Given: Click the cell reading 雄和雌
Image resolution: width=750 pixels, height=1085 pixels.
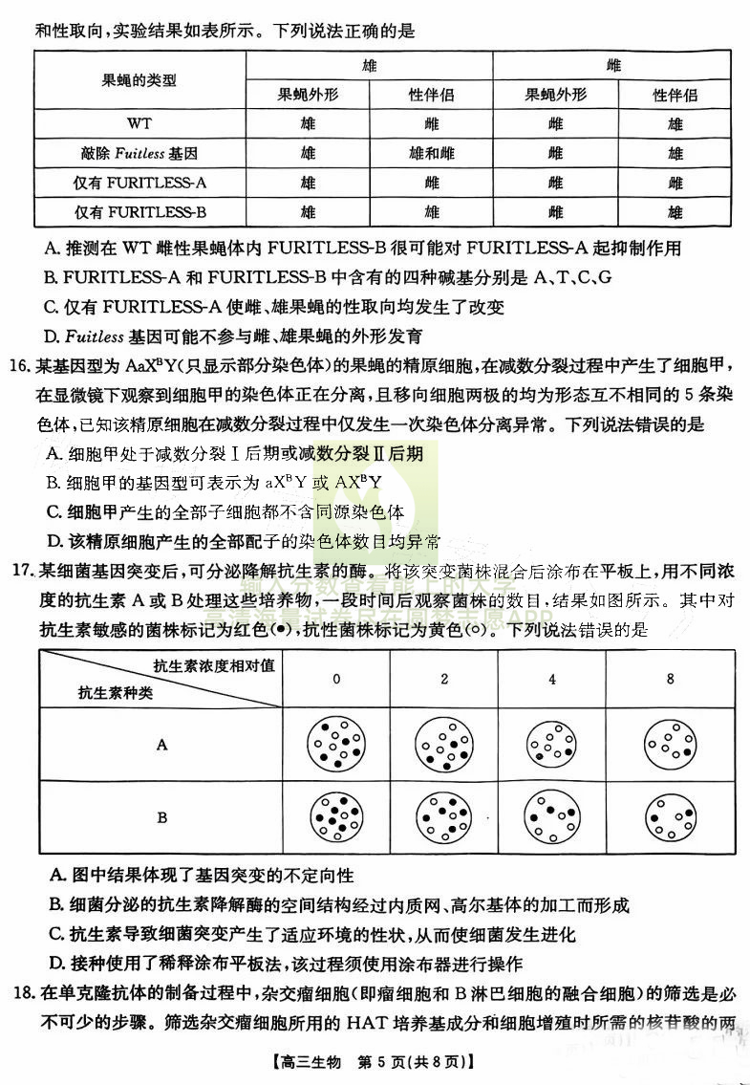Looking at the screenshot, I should click(x=431, y=154).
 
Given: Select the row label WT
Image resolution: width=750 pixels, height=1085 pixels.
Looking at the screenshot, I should click(x=139, y=124).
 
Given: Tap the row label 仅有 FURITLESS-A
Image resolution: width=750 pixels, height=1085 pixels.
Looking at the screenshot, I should click(x=139, y=183).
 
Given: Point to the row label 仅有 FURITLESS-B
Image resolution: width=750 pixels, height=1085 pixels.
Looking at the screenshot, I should click(x=139, y=212).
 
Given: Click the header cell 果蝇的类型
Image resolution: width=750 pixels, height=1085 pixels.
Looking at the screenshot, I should click(x=139, y=80).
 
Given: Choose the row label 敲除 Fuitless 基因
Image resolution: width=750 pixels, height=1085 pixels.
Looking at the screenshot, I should click(x=139, y=154).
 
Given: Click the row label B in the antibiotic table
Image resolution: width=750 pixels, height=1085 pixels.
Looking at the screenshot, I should click(x=161, y=818).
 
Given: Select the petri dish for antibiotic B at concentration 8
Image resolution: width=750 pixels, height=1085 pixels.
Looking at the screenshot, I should click(x=671, y=818).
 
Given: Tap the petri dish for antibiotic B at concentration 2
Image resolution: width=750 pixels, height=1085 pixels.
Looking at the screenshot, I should click(x=444, y=818).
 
